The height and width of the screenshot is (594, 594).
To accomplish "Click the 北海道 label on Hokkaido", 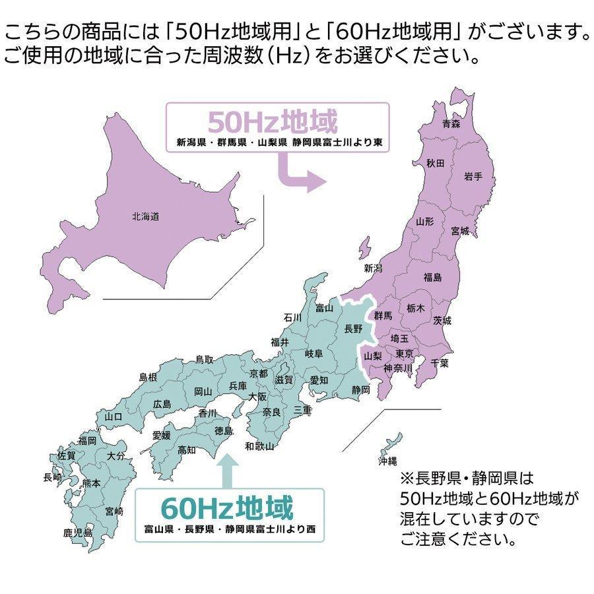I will [145, 216].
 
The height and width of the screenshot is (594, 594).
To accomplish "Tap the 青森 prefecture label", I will [451, 123].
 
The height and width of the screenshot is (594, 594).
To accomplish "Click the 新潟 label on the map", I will [373, 268].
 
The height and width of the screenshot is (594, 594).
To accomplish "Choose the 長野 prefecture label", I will [354, 328].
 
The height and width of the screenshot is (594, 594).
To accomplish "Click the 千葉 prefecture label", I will [440, 362].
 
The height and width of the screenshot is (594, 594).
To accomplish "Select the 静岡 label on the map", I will [361, 390].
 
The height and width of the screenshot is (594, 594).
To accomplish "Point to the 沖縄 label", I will [387, 461].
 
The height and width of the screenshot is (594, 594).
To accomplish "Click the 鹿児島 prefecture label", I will [78, 532].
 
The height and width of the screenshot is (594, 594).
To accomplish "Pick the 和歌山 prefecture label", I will [259, 446].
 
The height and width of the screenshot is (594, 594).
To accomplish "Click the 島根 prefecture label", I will [148, 378].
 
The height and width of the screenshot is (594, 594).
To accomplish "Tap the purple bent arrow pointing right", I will [300, 172].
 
